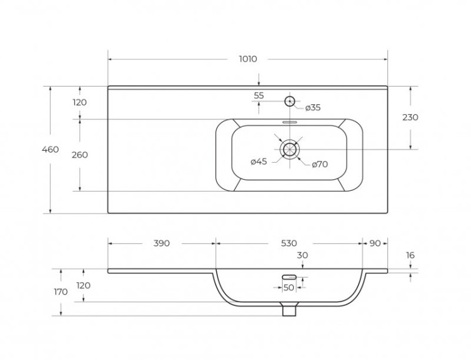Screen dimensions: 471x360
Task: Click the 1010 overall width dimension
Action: (x=248, y=59)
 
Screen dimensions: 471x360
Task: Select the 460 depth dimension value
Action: (x=50, y=150)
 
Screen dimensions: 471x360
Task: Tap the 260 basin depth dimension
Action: (x=80, y=155)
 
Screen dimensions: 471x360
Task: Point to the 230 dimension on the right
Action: (x=410, y=117)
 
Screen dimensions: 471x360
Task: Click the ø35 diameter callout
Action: (x=313, y=107)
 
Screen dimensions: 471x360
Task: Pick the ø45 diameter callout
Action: (x=259, y=161)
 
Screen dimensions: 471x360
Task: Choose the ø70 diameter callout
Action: (x=320, y=164)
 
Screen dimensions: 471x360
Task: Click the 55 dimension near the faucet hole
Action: (x=259, y=95)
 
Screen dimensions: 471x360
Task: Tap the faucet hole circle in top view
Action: (x=290, y=101)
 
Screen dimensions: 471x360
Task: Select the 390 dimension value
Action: (x=161, y=243)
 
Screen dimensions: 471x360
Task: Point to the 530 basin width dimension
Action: (x=289, y=243)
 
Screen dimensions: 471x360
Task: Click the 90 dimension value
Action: (x=375, y=243)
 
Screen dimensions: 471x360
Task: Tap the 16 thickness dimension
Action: (x=410, y=255)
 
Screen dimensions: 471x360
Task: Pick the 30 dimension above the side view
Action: (x=303, y=255)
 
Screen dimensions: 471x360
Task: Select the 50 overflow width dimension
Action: (x=289, y=288)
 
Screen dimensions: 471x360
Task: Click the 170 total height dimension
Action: (x=61, y=292)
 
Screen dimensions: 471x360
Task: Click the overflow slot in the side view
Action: (x=289, y=277)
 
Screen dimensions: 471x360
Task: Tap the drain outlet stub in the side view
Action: (x=290, y=309)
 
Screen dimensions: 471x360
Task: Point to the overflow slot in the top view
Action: (x=290, y=123)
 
